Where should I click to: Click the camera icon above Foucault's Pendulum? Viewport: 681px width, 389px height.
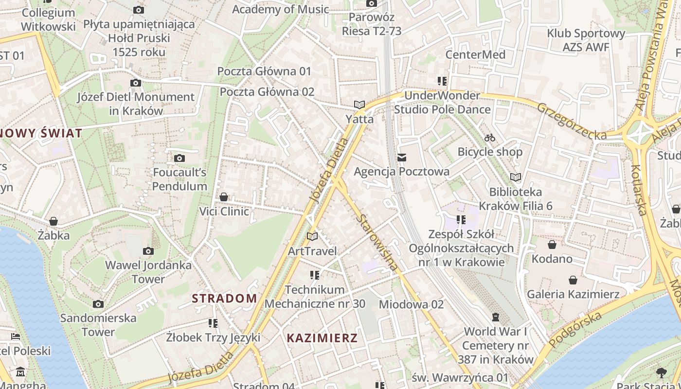179,158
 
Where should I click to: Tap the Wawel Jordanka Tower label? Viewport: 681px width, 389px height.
149,272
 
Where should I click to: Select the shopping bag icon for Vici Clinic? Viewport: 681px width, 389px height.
224,197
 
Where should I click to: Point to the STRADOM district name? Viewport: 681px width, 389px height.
224,299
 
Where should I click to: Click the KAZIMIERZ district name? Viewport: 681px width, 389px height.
322,338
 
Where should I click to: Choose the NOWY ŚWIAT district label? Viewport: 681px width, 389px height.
41,133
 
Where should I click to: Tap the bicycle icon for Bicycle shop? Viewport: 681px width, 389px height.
490,138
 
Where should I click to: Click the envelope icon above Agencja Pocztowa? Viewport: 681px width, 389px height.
402,157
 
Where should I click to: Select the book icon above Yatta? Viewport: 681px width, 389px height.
359,105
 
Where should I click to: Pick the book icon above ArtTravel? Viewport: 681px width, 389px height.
312,237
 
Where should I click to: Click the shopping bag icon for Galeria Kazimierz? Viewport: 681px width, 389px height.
573,280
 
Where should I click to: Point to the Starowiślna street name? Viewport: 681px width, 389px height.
377,242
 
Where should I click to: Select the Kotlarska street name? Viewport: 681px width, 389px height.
638,190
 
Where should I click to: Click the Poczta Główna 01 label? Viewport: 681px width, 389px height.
264,71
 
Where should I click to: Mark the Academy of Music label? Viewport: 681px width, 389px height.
281,9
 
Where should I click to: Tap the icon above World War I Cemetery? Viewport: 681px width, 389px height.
496,317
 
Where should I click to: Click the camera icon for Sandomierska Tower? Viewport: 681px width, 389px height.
98,304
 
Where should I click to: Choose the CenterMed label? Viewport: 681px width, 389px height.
476,54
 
